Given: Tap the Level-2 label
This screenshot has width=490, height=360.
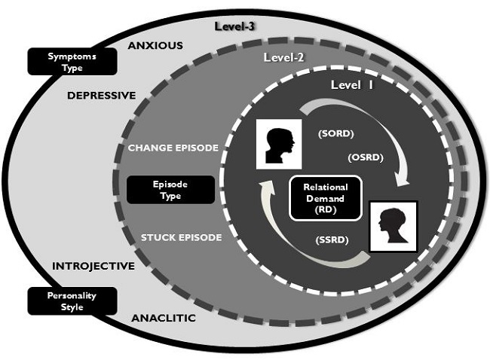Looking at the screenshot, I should click(x=283, y=57).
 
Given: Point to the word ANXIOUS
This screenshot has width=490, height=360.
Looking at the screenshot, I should click(x=155, y=45).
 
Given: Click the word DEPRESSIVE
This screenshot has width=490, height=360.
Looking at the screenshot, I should click(x=101, y=96).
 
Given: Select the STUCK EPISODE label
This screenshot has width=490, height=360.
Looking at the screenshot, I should click(x=182, y=238).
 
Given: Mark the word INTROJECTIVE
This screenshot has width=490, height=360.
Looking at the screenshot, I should click(x=93, y=266).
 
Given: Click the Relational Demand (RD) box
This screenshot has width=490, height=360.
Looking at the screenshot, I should click(x=325, y=197).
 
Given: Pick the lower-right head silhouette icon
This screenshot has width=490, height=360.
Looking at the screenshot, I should click(x=392, y=227).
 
